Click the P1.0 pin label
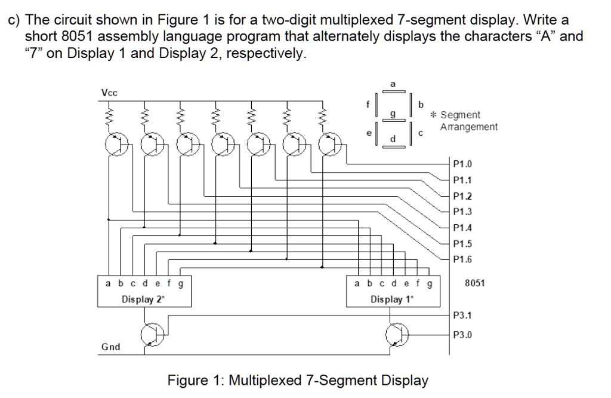[x=462, y=163]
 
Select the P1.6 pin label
[x=462, y=259]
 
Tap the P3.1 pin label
[x=462, y=315]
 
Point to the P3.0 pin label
[x=462, y=335]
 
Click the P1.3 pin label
[x=462, y=211]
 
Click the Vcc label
[x=109, y=93]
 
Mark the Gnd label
[x=110, y=347]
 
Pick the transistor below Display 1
[x=396, y=335]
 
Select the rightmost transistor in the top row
[x=329, y=144]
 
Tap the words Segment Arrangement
[x=468, y=121]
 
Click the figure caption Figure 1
[x=298, y=380]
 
